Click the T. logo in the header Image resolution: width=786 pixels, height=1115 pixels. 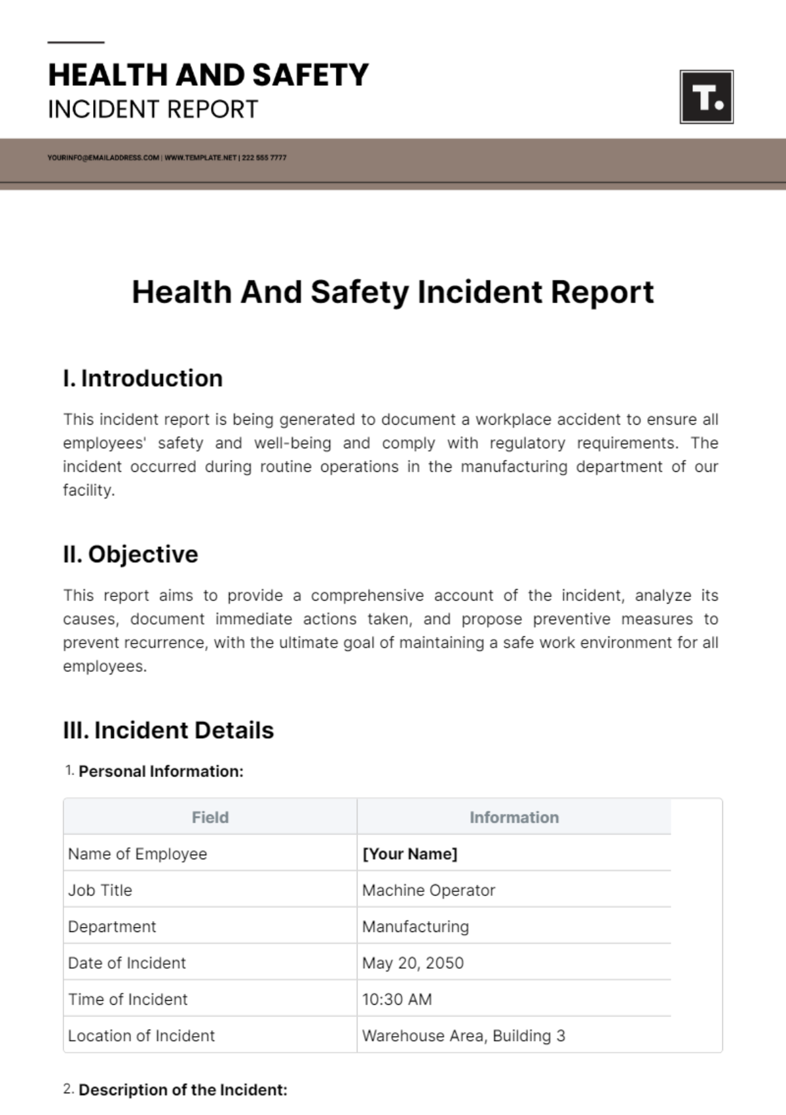pyautogui.click(x=706, y=97)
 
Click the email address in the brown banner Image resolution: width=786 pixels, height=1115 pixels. pyautogui.click(x=103, y=158)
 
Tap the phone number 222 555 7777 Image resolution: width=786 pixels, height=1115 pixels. pyautogui.click(x=264, y=158)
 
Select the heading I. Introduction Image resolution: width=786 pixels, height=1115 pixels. pyautogui.click(x=143, y=378)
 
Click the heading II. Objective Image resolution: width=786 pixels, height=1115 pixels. pyautogui.click(x=130, y=554)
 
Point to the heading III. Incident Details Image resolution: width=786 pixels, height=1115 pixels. pyautogui.click(x=168, y=730)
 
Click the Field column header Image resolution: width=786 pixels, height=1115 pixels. pyautogui.click(x=210, y=817)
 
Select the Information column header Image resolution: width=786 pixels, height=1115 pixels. pyautogui.click(x=514, y=817)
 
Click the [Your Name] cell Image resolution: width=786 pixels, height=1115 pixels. pyautogui.click(x=409, y=853)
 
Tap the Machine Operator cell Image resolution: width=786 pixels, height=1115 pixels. pyautogui.click(x=428, y=890)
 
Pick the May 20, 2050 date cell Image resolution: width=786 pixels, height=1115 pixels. pyautogui.click(x=413, y=963)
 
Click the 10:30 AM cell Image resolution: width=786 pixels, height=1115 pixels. pyautogui.click(x=397, y=999)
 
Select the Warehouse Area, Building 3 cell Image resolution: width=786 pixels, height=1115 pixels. pyautogui.click(x=463, y=1036)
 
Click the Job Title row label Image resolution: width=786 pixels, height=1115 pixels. pyautogui.click(x=100, y=890)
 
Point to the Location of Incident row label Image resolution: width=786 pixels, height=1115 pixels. pyautogui.click(x=141, y=1036)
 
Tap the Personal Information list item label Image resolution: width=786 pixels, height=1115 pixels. pyautogui.click(x=160, y=772)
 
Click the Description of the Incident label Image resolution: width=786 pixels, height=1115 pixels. pyautogui.click(x=183, y=1090)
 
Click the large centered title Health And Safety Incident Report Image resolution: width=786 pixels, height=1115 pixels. pyautogui.click(x=393, y=292)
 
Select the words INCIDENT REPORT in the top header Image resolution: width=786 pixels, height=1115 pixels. pyautogui.click(x=153, y=109)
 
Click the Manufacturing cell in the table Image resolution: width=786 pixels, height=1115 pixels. pyautogui.click(x=415, y=926)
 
